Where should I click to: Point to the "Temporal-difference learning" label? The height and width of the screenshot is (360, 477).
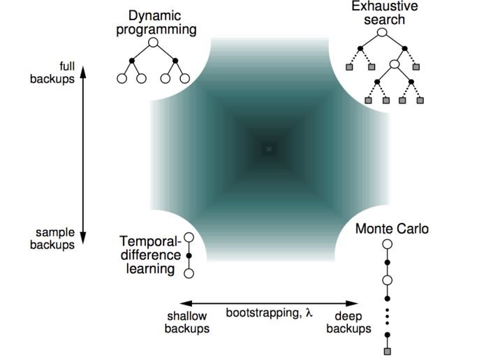coord(149,254)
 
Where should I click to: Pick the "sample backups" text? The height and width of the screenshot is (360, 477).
coord(53,239)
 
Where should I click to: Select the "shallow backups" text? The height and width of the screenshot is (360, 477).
coord(187,322)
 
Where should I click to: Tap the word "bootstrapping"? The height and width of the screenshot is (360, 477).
coord(258,312)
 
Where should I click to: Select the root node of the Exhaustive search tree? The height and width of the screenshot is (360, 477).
coord(381,31)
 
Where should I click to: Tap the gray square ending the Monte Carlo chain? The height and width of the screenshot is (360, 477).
coord(387,350)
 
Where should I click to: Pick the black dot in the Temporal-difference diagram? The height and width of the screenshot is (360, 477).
coord(188,256)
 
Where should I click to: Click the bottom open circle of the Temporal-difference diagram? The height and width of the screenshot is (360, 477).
coord(188,273)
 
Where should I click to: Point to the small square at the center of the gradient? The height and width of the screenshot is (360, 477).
coord(268,149)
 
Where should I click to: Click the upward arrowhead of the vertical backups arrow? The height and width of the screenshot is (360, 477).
coord(83,68)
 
